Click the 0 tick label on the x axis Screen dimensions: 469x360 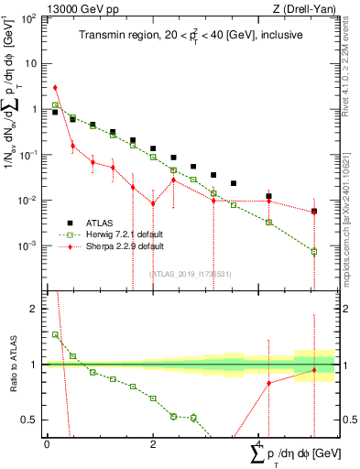[47, 443]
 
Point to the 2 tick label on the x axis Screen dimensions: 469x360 [153, 443]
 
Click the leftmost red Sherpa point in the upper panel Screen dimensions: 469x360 [56, 88]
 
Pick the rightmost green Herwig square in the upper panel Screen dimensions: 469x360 [314, 251]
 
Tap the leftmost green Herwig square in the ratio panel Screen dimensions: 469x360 [56, 334]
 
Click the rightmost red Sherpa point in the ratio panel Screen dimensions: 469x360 [314, 370]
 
